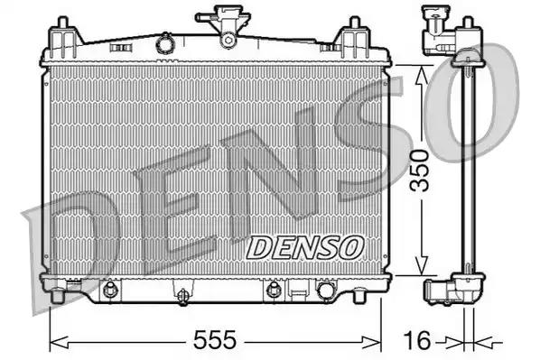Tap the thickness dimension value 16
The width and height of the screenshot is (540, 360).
pyautogui.click(x=416, y=340)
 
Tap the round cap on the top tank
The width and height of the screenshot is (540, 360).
pyautogui.click(x=164, y=42)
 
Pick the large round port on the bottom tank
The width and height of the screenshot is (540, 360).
pyautogui.click(x=324, y=291)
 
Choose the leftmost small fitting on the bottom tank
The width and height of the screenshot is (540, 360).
pyautogui.click(x=110, y=291)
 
